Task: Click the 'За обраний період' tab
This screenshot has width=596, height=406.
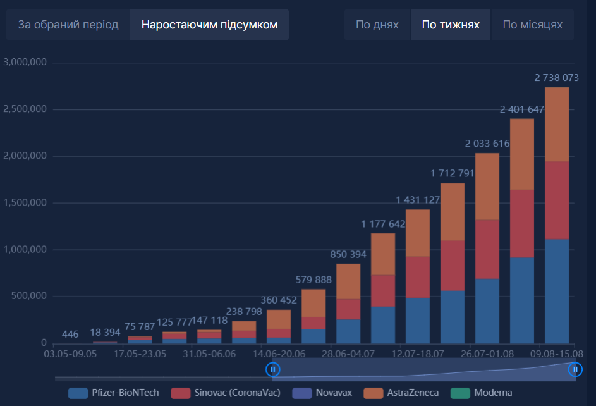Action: (x=68, y=25)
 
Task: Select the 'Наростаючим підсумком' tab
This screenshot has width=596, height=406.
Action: (x=209, y=25)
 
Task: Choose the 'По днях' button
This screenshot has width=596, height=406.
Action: (x=377, y=25)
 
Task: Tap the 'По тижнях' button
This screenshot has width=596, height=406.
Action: (x=451, y=25)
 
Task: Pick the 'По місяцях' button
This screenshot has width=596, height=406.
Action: (x=532, y=25)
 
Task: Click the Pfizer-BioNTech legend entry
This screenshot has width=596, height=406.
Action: (x=114, y=393)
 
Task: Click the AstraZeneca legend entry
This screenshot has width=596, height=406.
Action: (x=403, y=393)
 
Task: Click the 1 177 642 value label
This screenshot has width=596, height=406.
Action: (x=383, y=224)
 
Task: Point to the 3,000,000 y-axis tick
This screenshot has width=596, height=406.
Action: (x=25, y=63)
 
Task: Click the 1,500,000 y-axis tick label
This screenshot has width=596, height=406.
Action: (x=25, y=203)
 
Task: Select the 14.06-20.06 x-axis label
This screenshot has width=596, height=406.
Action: (x=279, y=354)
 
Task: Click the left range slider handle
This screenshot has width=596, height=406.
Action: (x=272, y=369)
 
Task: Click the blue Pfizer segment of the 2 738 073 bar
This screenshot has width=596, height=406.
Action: (x=557, y=291)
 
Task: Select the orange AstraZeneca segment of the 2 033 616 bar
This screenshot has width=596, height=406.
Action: (x=487, y=187)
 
